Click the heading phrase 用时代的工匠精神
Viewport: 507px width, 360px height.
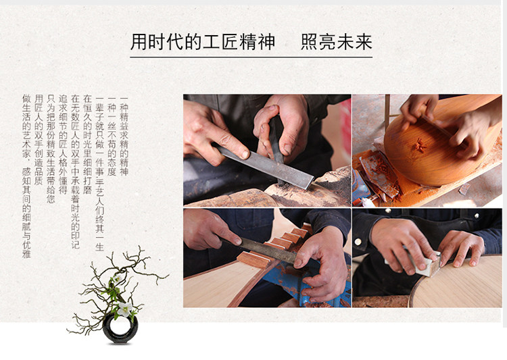[203, 42]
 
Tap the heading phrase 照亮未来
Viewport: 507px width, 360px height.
[337, 42]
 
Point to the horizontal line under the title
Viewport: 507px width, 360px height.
[251, 57]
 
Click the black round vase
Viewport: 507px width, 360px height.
[120, 329]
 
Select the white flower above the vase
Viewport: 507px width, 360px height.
[124, 309]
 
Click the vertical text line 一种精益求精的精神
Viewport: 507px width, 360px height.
[124, 136]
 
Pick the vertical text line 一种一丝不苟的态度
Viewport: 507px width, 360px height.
[112, 136]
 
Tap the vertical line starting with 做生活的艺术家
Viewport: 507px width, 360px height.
[26, 176]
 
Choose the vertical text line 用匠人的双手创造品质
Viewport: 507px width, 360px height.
[39, 140]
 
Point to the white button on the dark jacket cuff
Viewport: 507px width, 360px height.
[358, 242]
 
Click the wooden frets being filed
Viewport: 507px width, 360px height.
[275, 246]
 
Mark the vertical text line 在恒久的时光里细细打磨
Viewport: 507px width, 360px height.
[87, 144]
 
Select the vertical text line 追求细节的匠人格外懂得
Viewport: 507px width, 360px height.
[63, 144]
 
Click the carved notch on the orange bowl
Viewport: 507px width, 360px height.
[419, 145]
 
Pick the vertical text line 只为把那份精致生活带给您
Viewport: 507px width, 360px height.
[51, 149]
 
